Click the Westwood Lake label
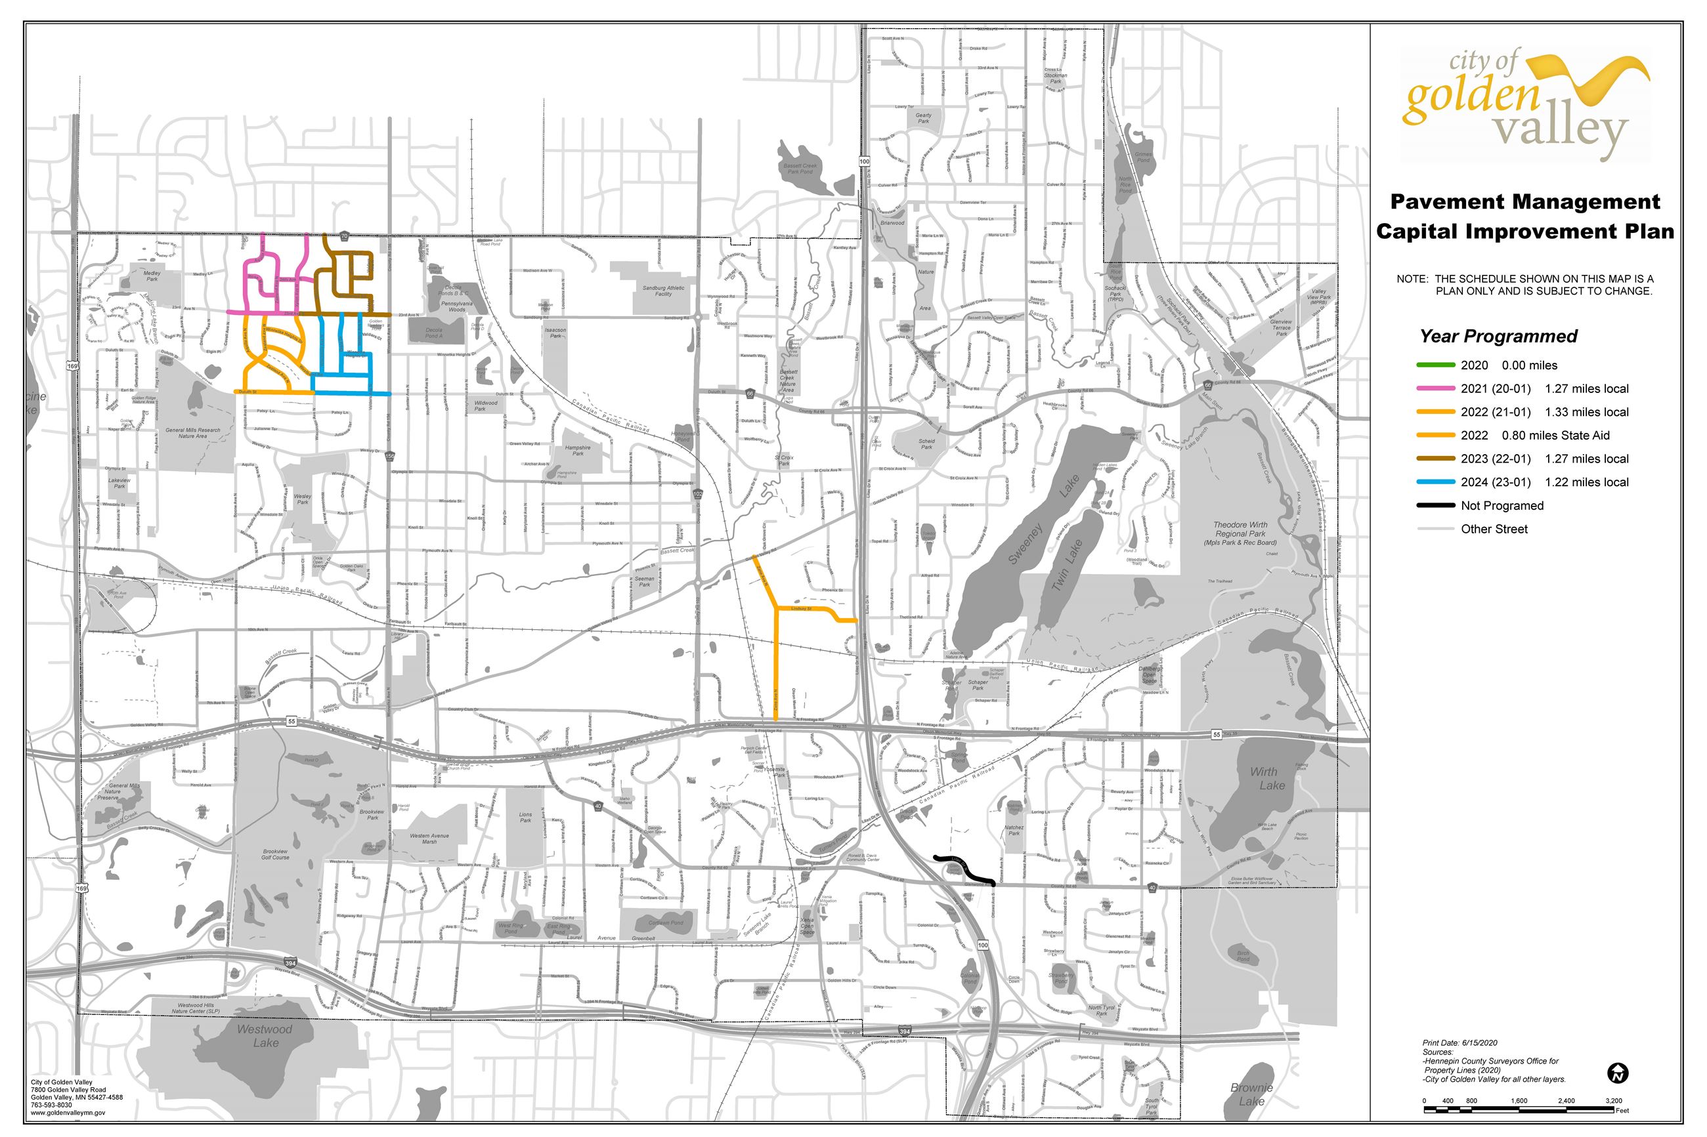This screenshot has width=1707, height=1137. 265,1035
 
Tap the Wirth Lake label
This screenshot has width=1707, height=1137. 1267,778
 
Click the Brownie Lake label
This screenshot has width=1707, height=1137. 1251,1094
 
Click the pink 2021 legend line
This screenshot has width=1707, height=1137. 1436,388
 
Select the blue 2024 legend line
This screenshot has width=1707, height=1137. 1436,482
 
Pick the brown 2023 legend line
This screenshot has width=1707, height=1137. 1436,459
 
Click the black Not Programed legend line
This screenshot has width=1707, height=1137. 1436,505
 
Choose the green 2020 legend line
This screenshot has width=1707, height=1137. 1436,365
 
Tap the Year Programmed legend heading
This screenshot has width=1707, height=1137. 1498,337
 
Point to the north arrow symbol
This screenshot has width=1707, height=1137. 1618,1073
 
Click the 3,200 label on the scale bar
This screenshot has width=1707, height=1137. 1613,1101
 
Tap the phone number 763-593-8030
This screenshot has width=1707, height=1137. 51,1105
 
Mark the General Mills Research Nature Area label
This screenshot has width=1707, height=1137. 192,433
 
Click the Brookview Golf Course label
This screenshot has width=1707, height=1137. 275,854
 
